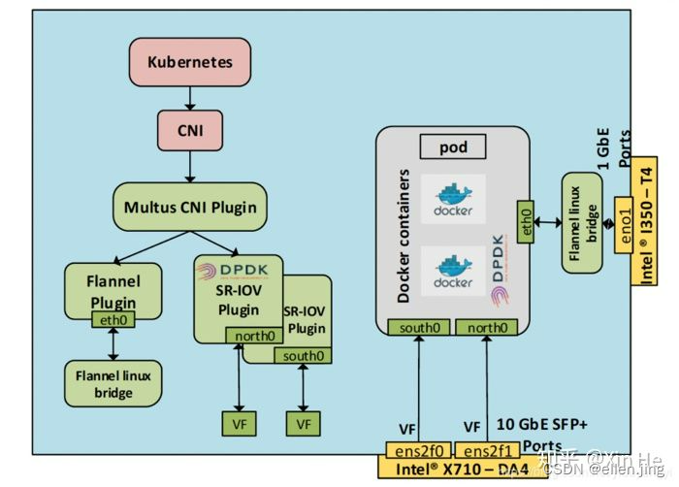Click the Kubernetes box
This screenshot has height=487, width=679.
coord(190,63)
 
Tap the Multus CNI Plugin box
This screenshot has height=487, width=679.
coord(190,207)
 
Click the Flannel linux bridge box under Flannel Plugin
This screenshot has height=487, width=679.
coord(113,383)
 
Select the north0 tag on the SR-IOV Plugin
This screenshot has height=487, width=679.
coord(253,336)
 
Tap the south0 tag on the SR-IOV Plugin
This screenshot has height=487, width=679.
coord(302,356)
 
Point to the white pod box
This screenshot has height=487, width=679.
coord(452,147)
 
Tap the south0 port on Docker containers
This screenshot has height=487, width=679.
coord(415,328)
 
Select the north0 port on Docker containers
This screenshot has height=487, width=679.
coord(488,328)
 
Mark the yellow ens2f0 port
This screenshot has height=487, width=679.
coord(414,450)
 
